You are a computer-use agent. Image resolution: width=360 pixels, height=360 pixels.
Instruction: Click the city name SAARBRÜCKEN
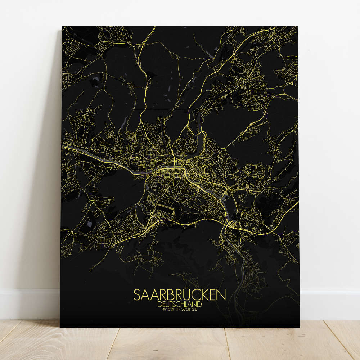pos(180,294)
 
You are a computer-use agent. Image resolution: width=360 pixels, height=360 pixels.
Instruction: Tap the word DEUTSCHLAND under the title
pos(179,304)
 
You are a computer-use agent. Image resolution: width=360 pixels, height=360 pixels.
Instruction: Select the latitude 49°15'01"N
pos(168,309)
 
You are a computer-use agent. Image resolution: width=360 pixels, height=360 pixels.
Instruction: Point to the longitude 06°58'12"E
pos(192,309)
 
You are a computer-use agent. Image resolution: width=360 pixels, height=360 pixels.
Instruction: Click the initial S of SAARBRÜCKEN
pos(137,294)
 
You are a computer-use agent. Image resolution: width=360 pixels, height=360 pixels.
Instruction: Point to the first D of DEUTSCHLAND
pos(159,304)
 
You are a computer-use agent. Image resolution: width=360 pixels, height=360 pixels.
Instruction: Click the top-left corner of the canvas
pos(63,26)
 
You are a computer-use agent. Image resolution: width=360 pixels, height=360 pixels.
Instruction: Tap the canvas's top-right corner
pos(297,26)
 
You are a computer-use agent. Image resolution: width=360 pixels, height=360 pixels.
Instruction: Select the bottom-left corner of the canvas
pos(60,327)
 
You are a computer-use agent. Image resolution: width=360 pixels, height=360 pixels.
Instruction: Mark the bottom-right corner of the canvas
pos(299,327)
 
